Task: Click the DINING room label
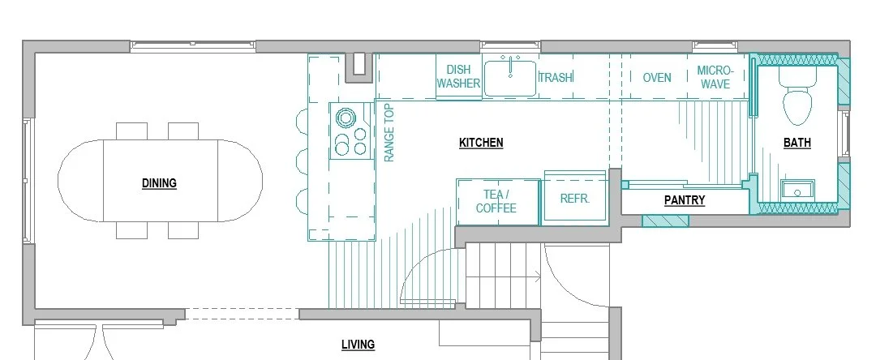tap(159, 183)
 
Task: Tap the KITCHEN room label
tap(481, 143)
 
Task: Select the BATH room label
tap(797, 143)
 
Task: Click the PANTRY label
tap(685, 200)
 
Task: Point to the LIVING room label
tap(358, 345)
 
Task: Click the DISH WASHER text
tap(458, 77)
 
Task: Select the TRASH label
tap(556, 78)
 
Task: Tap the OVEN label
tap(656, 78)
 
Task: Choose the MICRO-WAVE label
tap(714, 77)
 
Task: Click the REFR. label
tap(574, 199)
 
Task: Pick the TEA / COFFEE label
tap(496, 201)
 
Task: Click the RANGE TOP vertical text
tap(389, 132)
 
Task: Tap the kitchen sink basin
tap(510, 77)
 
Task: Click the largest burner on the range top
tap(346, 118)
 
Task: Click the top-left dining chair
tap(131, 131)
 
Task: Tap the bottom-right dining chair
tap(182, 230)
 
